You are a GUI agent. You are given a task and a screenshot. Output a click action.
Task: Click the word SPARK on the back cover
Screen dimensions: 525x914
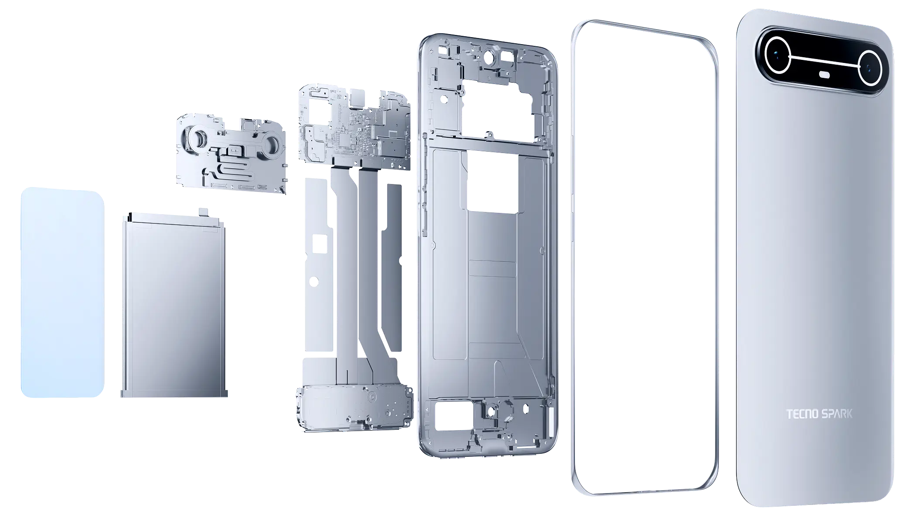837,414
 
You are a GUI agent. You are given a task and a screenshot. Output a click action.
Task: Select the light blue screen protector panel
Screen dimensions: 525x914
62,293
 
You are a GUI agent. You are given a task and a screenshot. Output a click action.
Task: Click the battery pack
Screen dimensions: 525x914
174,306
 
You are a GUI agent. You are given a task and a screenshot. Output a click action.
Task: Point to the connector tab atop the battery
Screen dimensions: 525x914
204,212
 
